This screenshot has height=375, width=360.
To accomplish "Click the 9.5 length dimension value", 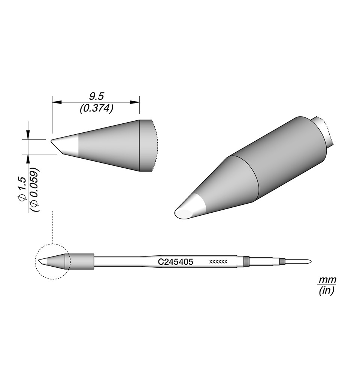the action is coord(96,97).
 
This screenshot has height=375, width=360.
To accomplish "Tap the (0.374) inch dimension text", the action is coord(96,109).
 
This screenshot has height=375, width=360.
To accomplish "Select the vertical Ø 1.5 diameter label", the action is coord(23,190).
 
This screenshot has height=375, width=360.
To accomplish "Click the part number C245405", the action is coord(175,262).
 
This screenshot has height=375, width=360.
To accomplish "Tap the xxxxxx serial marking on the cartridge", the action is coord(218,262).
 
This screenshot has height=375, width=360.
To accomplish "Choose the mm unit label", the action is coord(327,280).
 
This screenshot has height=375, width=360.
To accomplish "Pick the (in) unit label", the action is coord(327,291).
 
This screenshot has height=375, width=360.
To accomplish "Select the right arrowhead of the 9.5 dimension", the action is coord(134,102).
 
